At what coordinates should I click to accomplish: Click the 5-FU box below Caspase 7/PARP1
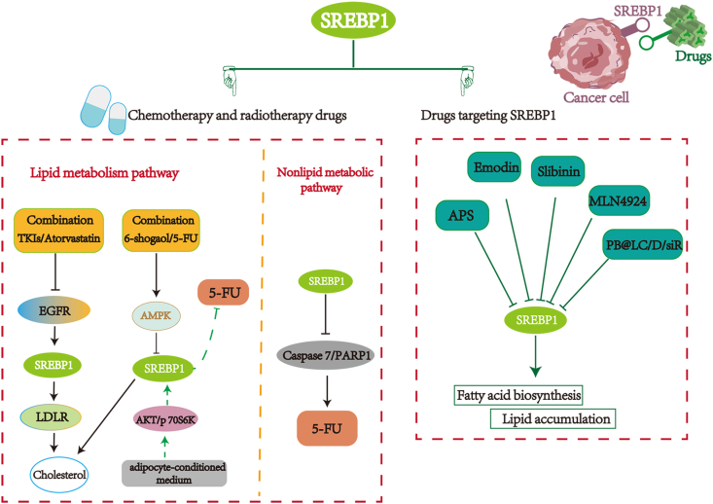[x=326, y=425]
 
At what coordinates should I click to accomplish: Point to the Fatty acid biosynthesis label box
[x=518, y=395]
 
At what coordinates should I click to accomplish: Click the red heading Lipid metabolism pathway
[x=103, y=172]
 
